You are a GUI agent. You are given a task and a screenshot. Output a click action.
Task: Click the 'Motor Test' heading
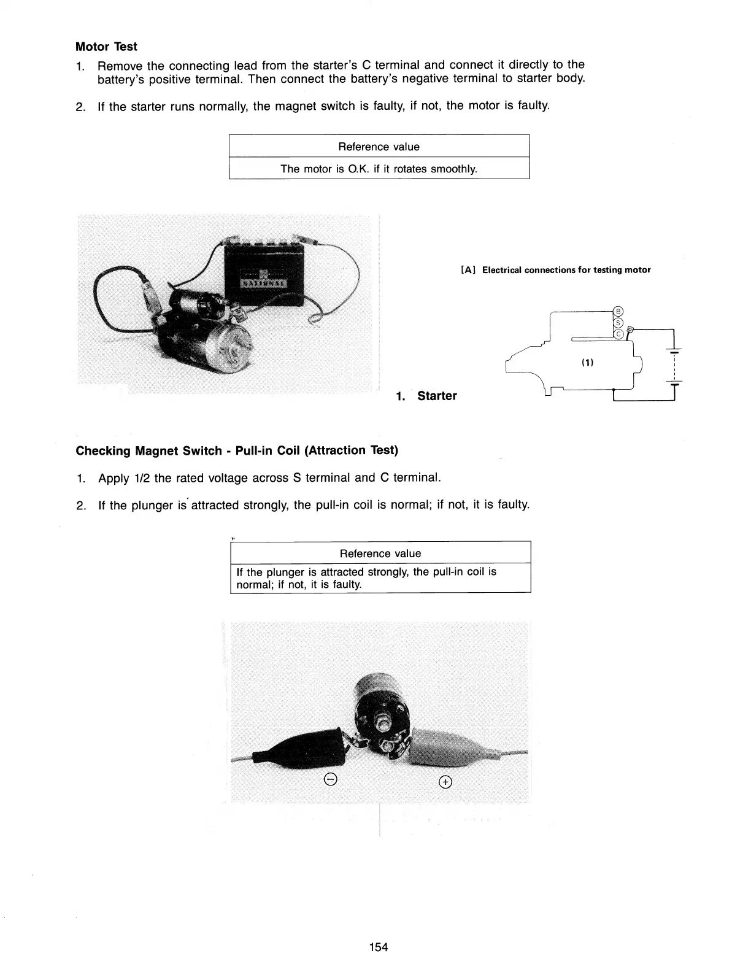click(x=106, y=47)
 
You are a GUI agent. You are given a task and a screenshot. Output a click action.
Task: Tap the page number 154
click(x=379, y=947)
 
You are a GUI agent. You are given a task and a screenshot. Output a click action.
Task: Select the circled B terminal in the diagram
click(x=618, y=310)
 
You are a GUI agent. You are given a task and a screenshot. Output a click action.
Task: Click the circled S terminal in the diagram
click(x=618, y=322)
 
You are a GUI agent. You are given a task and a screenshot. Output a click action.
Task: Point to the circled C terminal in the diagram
click(x=618, y=334)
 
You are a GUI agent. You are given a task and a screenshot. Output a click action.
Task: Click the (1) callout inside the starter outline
click(x=587, y=363)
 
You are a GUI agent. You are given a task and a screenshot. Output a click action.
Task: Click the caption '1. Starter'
click(x=426, y=396)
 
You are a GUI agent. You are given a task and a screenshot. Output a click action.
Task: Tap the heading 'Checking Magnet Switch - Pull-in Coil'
click(x=237, y=451)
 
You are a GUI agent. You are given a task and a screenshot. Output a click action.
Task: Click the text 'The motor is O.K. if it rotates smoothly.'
click(x=379, y=169)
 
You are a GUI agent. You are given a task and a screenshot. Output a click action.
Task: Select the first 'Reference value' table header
click(x=379, y=147)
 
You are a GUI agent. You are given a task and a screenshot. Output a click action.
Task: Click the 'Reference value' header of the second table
click(x=380, y=553)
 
